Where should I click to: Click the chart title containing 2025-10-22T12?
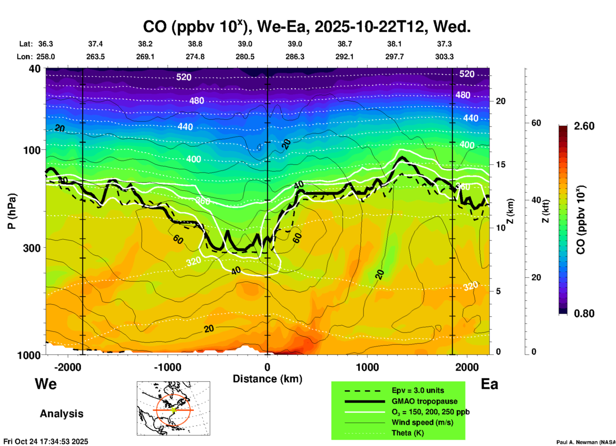(x=306, y=27)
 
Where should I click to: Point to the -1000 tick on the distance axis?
(x=168, y=367)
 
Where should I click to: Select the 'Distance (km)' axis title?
(x=267, y=379)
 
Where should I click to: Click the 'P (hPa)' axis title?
(x=12, y=211)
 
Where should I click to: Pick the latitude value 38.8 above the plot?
(x=195, y=44)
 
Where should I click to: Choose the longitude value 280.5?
(x=245, y=57)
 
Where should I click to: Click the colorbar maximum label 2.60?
(x=584, y=126)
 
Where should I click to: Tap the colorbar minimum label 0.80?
(x=584, y=314)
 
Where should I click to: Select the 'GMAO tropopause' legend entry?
(x=424, y=401)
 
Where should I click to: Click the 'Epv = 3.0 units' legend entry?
(x=418, y=390)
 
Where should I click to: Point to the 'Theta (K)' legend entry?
(x=407, y=433)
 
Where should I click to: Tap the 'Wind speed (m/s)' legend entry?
(x=422, y=423)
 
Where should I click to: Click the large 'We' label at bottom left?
(x=46, y=384)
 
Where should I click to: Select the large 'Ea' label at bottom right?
(x=489, y=384)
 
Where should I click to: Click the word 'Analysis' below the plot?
(x=61, y=414)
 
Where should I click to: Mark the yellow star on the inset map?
(x=173, y=410)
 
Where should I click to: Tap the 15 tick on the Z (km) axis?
(x=501, y=164)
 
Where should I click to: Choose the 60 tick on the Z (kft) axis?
(x=536, y=123)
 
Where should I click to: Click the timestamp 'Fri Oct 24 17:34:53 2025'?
(x=46, y=442)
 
